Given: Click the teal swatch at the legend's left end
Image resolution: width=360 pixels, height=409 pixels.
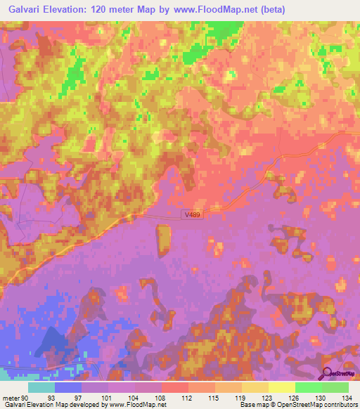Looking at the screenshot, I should point(41,387).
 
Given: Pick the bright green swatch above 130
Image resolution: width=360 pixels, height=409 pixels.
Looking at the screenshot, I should point(308,387).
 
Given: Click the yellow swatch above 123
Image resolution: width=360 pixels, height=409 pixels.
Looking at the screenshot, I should point(255,387).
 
